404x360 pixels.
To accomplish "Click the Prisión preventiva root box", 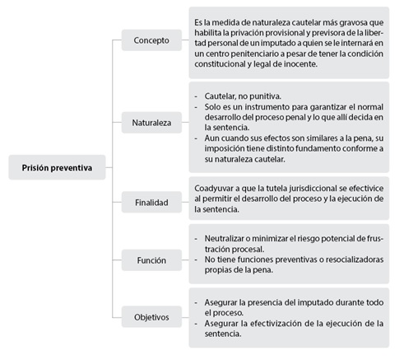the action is (x=57, y=167).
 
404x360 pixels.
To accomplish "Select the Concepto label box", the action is (x=151, y=40).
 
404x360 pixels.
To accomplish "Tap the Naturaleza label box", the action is (x=151, y=123).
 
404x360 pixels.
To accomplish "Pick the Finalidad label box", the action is (x=151, y=203).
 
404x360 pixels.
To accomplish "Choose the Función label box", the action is (x=151, y=260).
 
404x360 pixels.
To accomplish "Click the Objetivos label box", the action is (x=151, y=317).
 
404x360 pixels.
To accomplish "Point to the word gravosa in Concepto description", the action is (x=353, y=22).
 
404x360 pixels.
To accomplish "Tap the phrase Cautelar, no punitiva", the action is (x=243, y=96).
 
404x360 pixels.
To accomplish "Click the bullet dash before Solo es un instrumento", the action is (x=196, y=107).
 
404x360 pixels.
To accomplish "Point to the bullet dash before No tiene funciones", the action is (x=196, y=259).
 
